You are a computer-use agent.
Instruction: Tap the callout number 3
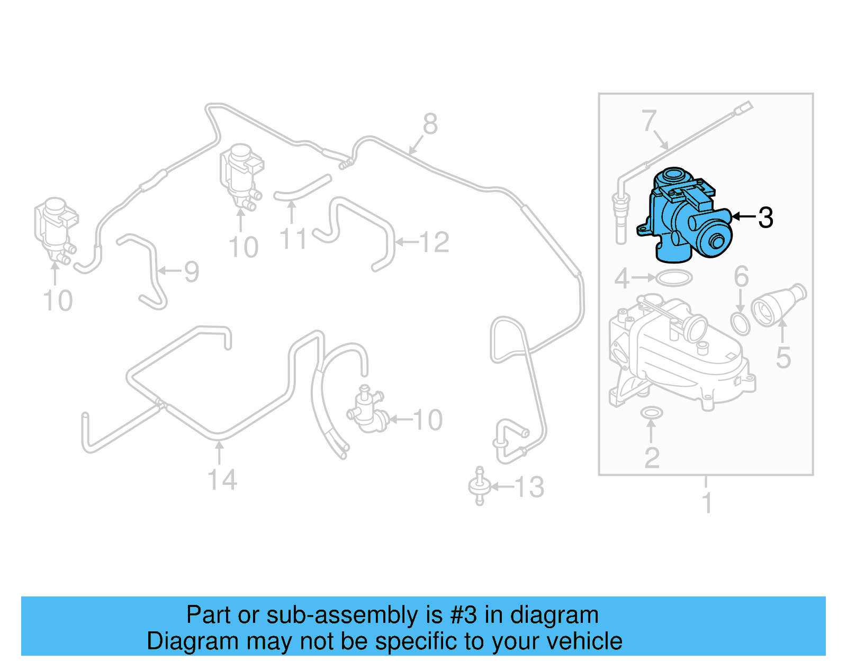pyautogui.click(x=765, y=218)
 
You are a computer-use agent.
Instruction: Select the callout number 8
pyautogui.click(x=430, y=124)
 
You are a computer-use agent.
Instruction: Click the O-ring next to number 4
pyautogui.click(x=673, y=277)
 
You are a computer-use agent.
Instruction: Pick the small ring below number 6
pyautogui.click(x=740, y=323)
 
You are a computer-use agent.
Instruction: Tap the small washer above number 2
pyautogui.click(x=651, y=412)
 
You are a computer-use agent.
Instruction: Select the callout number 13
pyautogui.click(x=529, y=487)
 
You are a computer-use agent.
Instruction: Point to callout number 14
pyautogui.click(x=222, y=480)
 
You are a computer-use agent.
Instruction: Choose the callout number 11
pyautogui.click(x=293, y=239)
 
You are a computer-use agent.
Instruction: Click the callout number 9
pyautogui.click(x=191, y=271)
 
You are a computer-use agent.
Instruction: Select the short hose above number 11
pyautogui.click(x=302, y=188)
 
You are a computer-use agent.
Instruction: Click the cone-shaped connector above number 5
pyautogui.click(x=778, y=305)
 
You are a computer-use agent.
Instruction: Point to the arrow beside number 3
pyautogui.click(x=743, y=216)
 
